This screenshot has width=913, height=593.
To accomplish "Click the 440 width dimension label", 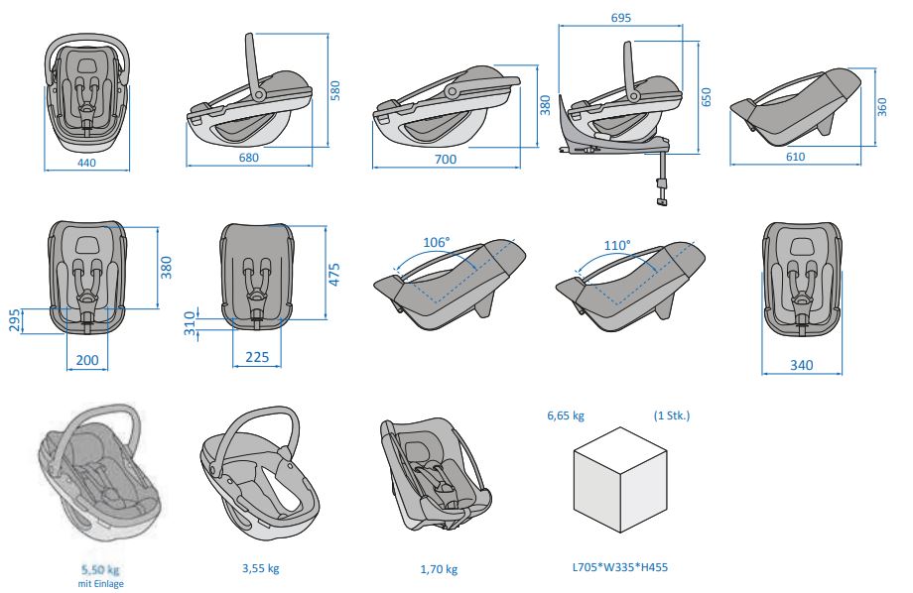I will pos(86,163).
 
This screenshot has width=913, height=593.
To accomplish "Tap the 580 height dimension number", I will pos(335,91).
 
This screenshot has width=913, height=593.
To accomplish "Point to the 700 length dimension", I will pos(446,160).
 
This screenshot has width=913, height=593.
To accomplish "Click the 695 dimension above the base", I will pos(621,18).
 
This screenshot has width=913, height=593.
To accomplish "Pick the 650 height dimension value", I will pos(707,97).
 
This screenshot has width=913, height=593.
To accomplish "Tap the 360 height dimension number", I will pos(882,107).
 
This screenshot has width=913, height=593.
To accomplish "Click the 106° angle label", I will pos(436,242).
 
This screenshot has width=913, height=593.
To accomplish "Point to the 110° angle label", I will pos(616,245).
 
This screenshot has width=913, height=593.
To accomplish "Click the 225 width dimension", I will pos(257,358).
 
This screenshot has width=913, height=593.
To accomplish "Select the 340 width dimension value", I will pos(801,365).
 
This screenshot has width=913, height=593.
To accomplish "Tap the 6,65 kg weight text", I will pos(566,415).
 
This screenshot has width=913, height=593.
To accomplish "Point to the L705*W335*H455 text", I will pos(619,568).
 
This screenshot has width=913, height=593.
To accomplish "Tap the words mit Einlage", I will pos(100,584).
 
